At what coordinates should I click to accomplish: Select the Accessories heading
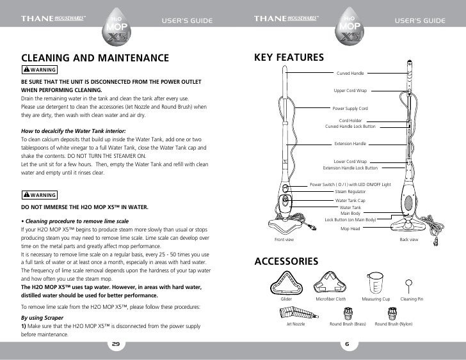click(286, 262)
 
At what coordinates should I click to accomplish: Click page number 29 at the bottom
click(116, 344)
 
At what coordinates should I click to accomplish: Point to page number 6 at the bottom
click(346, 344)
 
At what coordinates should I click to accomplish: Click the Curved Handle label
click(349, 74)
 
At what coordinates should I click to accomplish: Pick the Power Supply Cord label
click(349, 109)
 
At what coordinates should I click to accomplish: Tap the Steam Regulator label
click(349, 191)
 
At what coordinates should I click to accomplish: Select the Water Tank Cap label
click(349, 200)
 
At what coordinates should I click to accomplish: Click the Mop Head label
click(349, 228)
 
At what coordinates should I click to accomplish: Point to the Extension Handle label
click(349, 144)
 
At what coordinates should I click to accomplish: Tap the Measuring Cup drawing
click(376, 283)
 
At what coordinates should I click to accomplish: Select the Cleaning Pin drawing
click(407, 284)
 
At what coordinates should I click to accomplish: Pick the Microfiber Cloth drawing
click(331, 283)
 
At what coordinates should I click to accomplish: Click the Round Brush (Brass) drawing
click(348, 313)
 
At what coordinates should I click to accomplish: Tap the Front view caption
click(284, 239)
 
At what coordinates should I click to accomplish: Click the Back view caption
click(408, 239)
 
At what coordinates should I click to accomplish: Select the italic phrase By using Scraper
click(43, 317)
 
